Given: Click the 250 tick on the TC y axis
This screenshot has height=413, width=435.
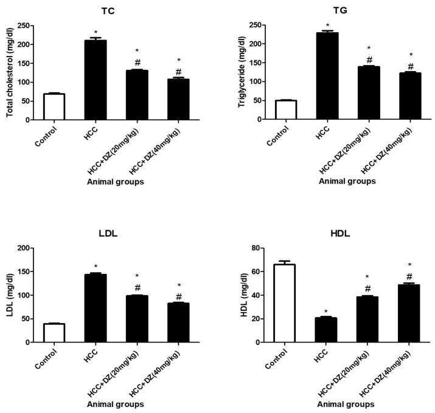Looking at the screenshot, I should point(25,26).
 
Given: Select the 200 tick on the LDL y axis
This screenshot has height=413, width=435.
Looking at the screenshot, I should point(25,248).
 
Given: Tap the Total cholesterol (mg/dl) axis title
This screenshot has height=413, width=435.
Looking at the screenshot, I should point(9,72).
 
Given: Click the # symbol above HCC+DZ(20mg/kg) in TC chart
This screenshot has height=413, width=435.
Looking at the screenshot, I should point(137,63).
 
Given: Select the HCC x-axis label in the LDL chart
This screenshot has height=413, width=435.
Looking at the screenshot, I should point(91,355).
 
